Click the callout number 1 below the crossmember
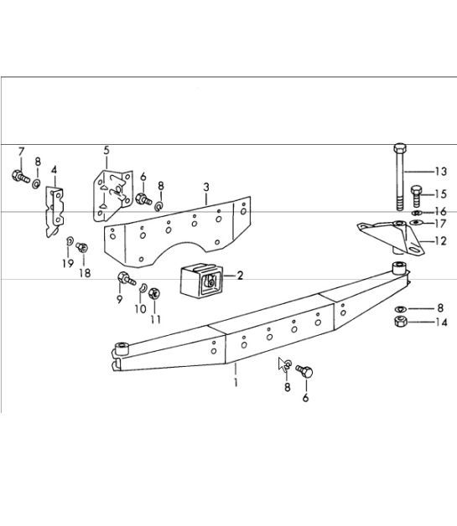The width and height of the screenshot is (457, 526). (x=236, y=383)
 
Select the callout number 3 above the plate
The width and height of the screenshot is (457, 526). (x=206, y=187)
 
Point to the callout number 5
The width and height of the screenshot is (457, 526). (x=106, y=151)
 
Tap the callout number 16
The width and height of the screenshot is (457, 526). (x=440, y=212)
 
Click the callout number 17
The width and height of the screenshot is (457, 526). (x=440, y=224)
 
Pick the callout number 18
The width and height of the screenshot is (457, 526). (x=85, y=273)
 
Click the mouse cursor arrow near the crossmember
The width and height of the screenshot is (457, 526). (x=283, y=364)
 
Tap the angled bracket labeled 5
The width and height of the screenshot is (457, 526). (x=110, y=193)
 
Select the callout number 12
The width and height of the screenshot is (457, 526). (x=440, y=241)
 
